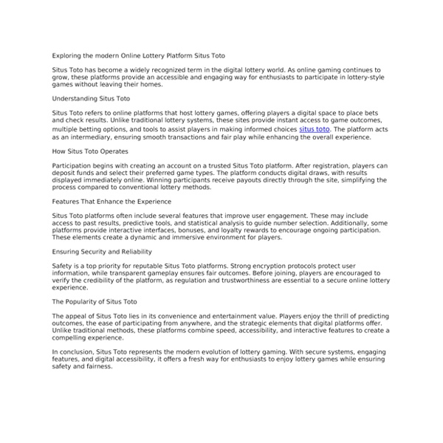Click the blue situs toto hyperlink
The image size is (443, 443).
[315, 129]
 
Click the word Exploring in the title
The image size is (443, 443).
[66, 55]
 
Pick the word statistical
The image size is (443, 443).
[217, 222]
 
